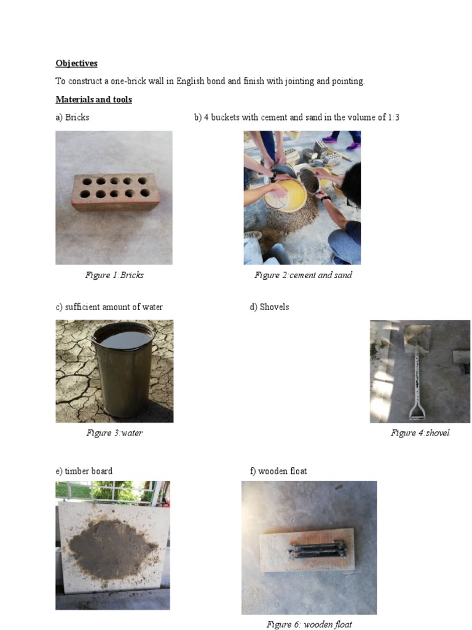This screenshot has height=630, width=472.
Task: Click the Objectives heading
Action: pyautogui.click(x=76, y=63)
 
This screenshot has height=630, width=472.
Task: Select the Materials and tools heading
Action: pyautogui.click(x=93, y=99)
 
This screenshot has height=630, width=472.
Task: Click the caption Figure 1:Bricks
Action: pyautogui.click(x=114, y=275)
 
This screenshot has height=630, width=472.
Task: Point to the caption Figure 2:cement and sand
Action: pyautogui.click(x=303, y=275)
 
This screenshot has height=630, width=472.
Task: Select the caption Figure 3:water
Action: pyautogui.click(x=114, y=433)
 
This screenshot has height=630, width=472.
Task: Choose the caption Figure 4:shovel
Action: pyautogui.click(x=420, y=433)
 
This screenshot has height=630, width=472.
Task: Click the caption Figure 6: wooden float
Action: pyautogui.click(x=309, y=624)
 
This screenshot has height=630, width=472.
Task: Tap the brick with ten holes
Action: pyautogui.click(x=115, y=191)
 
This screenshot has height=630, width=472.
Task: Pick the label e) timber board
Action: pyautogui.click(x=84, y=471)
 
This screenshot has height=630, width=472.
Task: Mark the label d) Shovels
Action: pyautogui.click(x=269, y=307)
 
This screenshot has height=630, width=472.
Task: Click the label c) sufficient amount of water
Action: pyautogui.click(x=109, y=307)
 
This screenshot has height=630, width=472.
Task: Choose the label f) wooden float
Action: pyautogui.click(x=278, y=471)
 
